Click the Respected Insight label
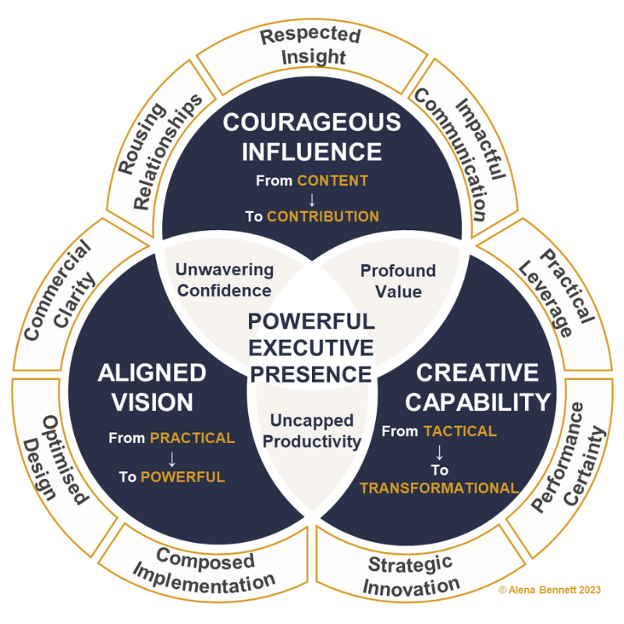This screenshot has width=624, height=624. tap(310, 46)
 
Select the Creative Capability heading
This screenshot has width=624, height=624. tap(478, 387)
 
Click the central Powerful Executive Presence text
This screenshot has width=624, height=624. tap(311, 346)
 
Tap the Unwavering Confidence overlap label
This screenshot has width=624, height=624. tap(225, 280)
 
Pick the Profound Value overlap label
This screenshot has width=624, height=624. tap(398, 281)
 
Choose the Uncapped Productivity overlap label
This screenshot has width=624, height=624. tap(311, 431)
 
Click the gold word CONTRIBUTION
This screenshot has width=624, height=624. tap(323, 216)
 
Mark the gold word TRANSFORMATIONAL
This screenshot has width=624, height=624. tap(439, 488)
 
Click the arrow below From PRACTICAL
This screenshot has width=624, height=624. tap(172, 458)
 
